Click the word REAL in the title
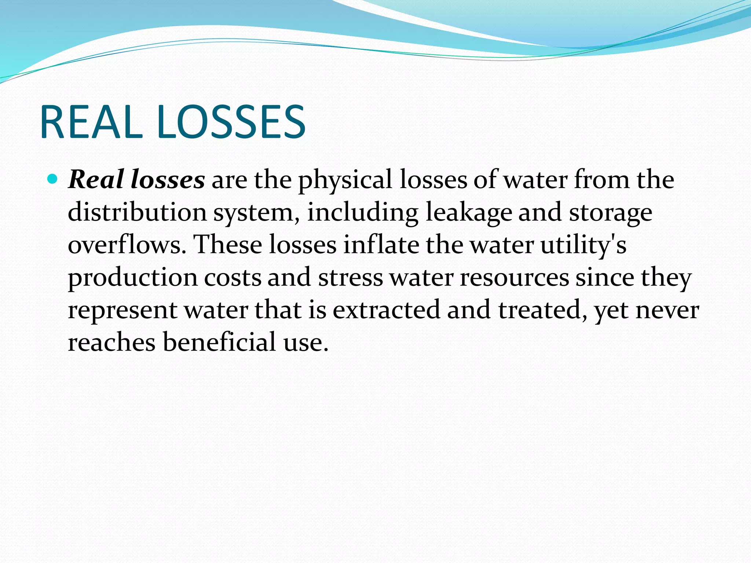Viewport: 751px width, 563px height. (91, 122)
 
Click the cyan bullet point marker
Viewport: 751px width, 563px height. (53, 179)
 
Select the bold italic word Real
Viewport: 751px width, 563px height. (96, 180)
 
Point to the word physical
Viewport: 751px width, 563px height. (345, 180)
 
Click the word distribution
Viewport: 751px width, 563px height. (137, 212)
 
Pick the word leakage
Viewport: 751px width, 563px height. (469, 213)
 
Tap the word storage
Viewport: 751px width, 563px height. (611, 213)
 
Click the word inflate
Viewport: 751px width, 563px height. (381, 244)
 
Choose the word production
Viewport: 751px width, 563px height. (133, 277)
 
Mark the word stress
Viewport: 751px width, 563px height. (351, 277)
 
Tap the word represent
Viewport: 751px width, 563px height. (123, 310)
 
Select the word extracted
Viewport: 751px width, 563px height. (387, 309)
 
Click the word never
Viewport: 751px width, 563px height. (667, 310)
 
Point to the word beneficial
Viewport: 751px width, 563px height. (219, 342)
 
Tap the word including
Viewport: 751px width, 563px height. (363, 213)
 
